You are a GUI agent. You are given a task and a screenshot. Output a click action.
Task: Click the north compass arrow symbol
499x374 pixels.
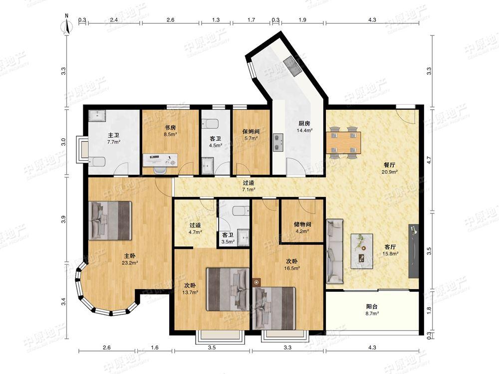[x=67, y=25]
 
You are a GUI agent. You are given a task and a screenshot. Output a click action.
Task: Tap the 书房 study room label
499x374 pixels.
[x=170, y=128]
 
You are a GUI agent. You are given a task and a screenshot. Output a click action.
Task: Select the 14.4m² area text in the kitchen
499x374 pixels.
[x=304, y=130]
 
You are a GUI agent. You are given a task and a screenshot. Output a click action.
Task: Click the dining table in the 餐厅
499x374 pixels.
[x=343, y=143]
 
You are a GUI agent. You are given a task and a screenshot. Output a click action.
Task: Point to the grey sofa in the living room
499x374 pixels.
[x=335, y=251]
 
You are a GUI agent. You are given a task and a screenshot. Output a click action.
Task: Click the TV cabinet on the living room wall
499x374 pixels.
[x=413, y=251]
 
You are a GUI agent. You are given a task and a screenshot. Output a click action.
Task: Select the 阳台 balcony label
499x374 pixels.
[x=372, y=307]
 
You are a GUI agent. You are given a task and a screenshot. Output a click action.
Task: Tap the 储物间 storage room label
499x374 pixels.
[x=302, y=224]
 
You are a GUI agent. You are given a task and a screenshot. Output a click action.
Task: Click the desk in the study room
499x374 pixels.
[x=160, y=160]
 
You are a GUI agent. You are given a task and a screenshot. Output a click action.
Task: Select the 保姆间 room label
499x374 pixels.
[x=251, y=131]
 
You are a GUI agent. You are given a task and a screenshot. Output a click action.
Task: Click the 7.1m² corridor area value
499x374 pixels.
[x=248, y=189]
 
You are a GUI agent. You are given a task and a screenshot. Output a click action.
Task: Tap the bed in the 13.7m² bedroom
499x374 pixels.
[x=228, y=289]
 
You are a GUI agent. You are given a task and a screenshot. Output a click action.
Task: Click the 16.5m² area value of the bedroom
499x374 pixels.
[x=292, y=268]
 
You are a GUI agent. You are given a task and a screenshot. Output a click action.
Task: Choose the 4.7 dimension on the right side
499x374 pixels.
[x=429, y=160]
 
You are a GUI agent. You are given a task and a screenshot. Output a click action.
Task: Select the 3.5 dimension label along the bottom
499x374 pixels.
[x=212, y=348]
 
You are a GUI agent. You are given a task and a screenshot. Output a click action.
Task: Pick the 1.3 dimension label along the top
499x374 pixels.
[x=216, y=20]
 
